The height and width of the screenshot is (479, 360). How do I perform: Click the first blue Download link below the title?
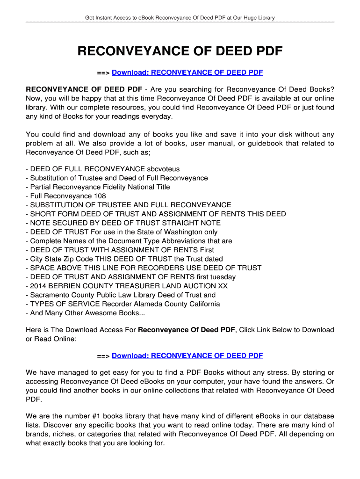pyautogui.click(x=187, y=73)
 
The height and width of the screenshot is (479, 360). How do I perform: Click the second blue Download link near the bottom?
pyautogui.click(x=187, y=356)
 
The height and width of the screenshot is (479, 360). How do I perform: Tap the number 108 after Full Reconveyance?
pyautogui.click(x=100, y=196)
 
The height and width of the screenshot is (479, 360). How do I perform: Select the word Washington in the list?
pyautogui.click(x=177, y=232)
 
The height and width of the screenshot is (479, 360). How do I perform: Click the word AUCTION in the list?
pyautogui.click(x=193, y=286)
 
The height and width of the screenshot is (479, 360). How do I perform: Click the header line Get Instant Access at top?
pyautogui.click(x=180, y=18)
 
